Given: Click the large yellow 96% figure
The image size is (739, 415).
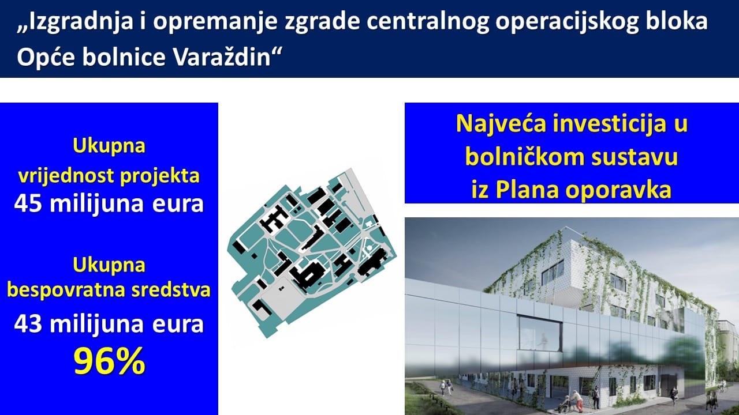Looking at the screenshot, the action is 109,361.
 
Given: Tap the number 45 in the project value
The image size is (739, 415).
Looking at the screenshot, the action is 28,203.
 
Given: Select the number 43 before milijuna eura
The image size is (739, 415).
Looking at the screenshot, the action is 28,324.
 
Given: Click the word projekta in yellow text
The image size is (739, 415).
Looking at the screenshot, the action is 160,176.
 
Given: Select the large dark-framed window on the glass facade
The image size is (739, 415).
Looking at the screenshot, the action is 539,333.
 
